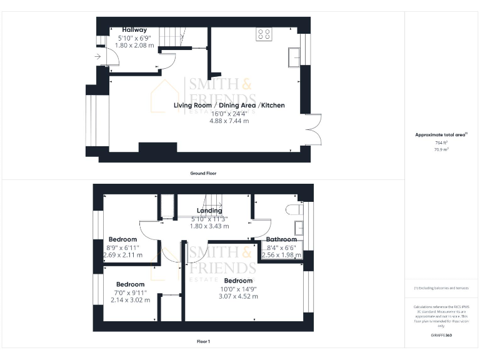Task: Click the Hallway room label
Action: (134, 29)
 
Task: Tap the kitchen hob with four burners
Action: (263, 35)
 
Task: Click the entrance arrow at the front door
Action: (99, 57)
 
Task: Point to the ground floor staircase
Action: (170, 37)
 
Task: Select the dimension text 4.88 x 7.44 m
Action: (229, 121)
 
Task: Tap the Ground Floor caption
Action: (203, 172)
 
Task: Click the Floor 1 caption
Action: (203, 341)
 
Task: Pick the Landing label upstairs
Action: (209, 211)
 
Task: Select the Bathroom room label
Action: (281, 239)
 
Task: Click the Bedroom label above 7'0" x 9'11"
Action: (130, 284)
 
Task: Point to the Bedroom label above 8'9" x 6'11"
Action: (122, 239)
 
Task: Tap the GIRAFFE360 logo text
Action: (441, 336)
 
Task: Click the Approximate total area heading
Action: (441, 134)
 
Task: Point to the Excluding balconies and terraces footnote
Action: (441, 288)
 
